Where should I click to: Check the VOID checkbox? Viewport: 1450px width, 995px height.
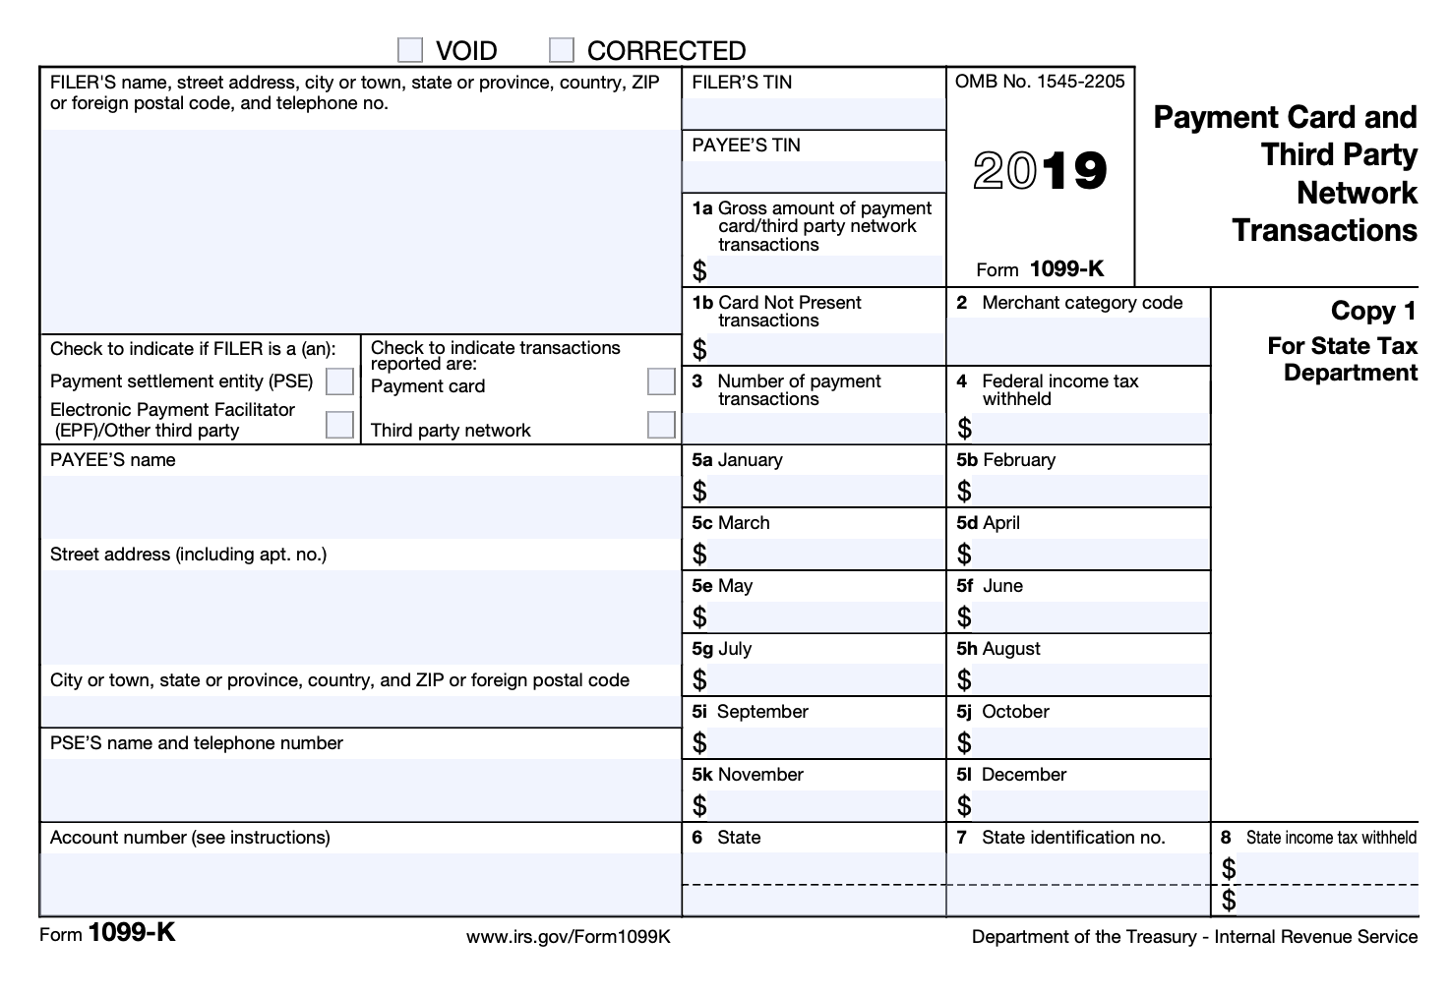410,49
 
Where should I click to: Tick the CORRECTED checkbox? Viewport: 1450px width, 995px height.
562,49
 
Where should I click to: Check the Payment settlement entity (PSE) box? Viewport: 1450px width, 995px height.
339,380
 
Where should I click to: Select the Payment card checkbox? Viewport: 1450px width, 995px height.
661,381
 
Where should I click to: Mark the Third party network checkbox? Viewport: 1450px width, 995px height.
661,425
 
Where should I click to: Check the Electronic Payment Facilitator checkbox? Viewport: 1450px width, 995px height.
339,425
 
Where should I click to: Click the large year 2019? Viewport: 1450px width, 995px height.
1040,171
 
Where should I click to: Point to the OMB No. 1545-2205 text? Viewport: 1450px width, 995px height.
1039,82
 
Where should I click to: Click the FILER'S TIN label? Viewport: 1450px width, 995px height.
742,83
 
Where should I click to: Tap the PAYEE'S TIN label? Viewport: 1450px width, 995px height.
746,146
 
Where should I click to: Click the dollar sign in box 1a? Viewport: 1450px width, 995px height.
699,270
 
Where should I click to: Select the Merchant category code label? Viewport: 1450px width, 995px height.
1081,303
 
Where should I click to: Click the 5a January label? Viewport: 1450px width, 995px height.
737,460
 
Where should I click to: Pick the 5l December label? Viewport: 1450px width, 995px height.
1011,775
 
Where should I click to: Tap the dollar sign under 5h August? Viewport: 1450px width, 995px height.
964,679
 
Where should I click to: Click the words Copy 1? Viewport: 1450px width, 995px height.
1373,312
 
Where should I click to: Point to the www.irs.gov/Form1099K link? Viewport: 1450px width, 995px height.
569,936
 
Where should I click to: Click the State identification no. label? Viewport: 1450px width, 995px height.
1072,838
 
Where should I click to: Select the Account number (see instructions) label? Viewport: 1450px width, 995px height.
190,838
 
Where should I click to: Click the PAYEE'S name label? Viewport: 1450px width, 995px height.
113,460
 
